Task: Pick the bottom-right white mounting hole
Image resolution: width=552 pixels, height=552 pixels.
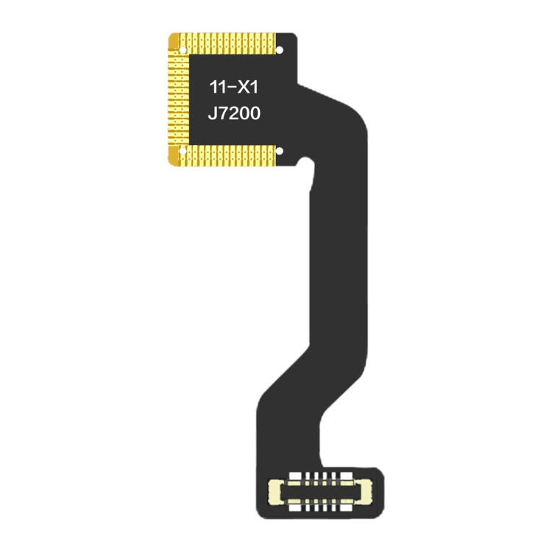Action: pos(279,152)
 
